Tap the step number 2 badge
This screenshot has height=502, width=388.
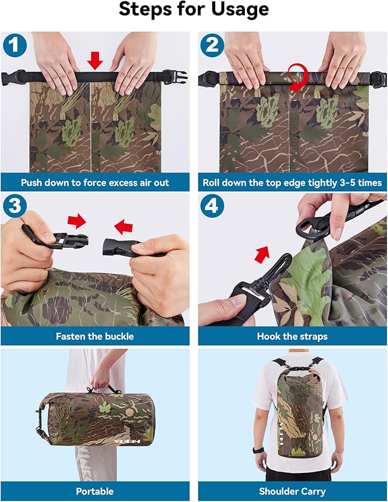212,45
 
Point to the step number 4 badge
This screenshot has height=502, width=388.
212,206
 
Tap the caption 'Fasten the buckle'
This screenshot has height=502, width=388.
95,336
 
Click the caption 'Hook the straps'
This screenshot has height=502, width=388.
292,336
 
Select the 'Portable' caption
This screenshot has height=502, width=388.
95,491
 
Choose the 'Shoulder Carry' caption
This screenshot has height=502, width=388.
292,491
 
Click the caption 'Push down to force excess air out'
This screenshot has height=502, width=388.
95,183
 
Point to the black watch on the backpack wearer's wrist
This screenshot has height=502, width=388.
259,450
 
